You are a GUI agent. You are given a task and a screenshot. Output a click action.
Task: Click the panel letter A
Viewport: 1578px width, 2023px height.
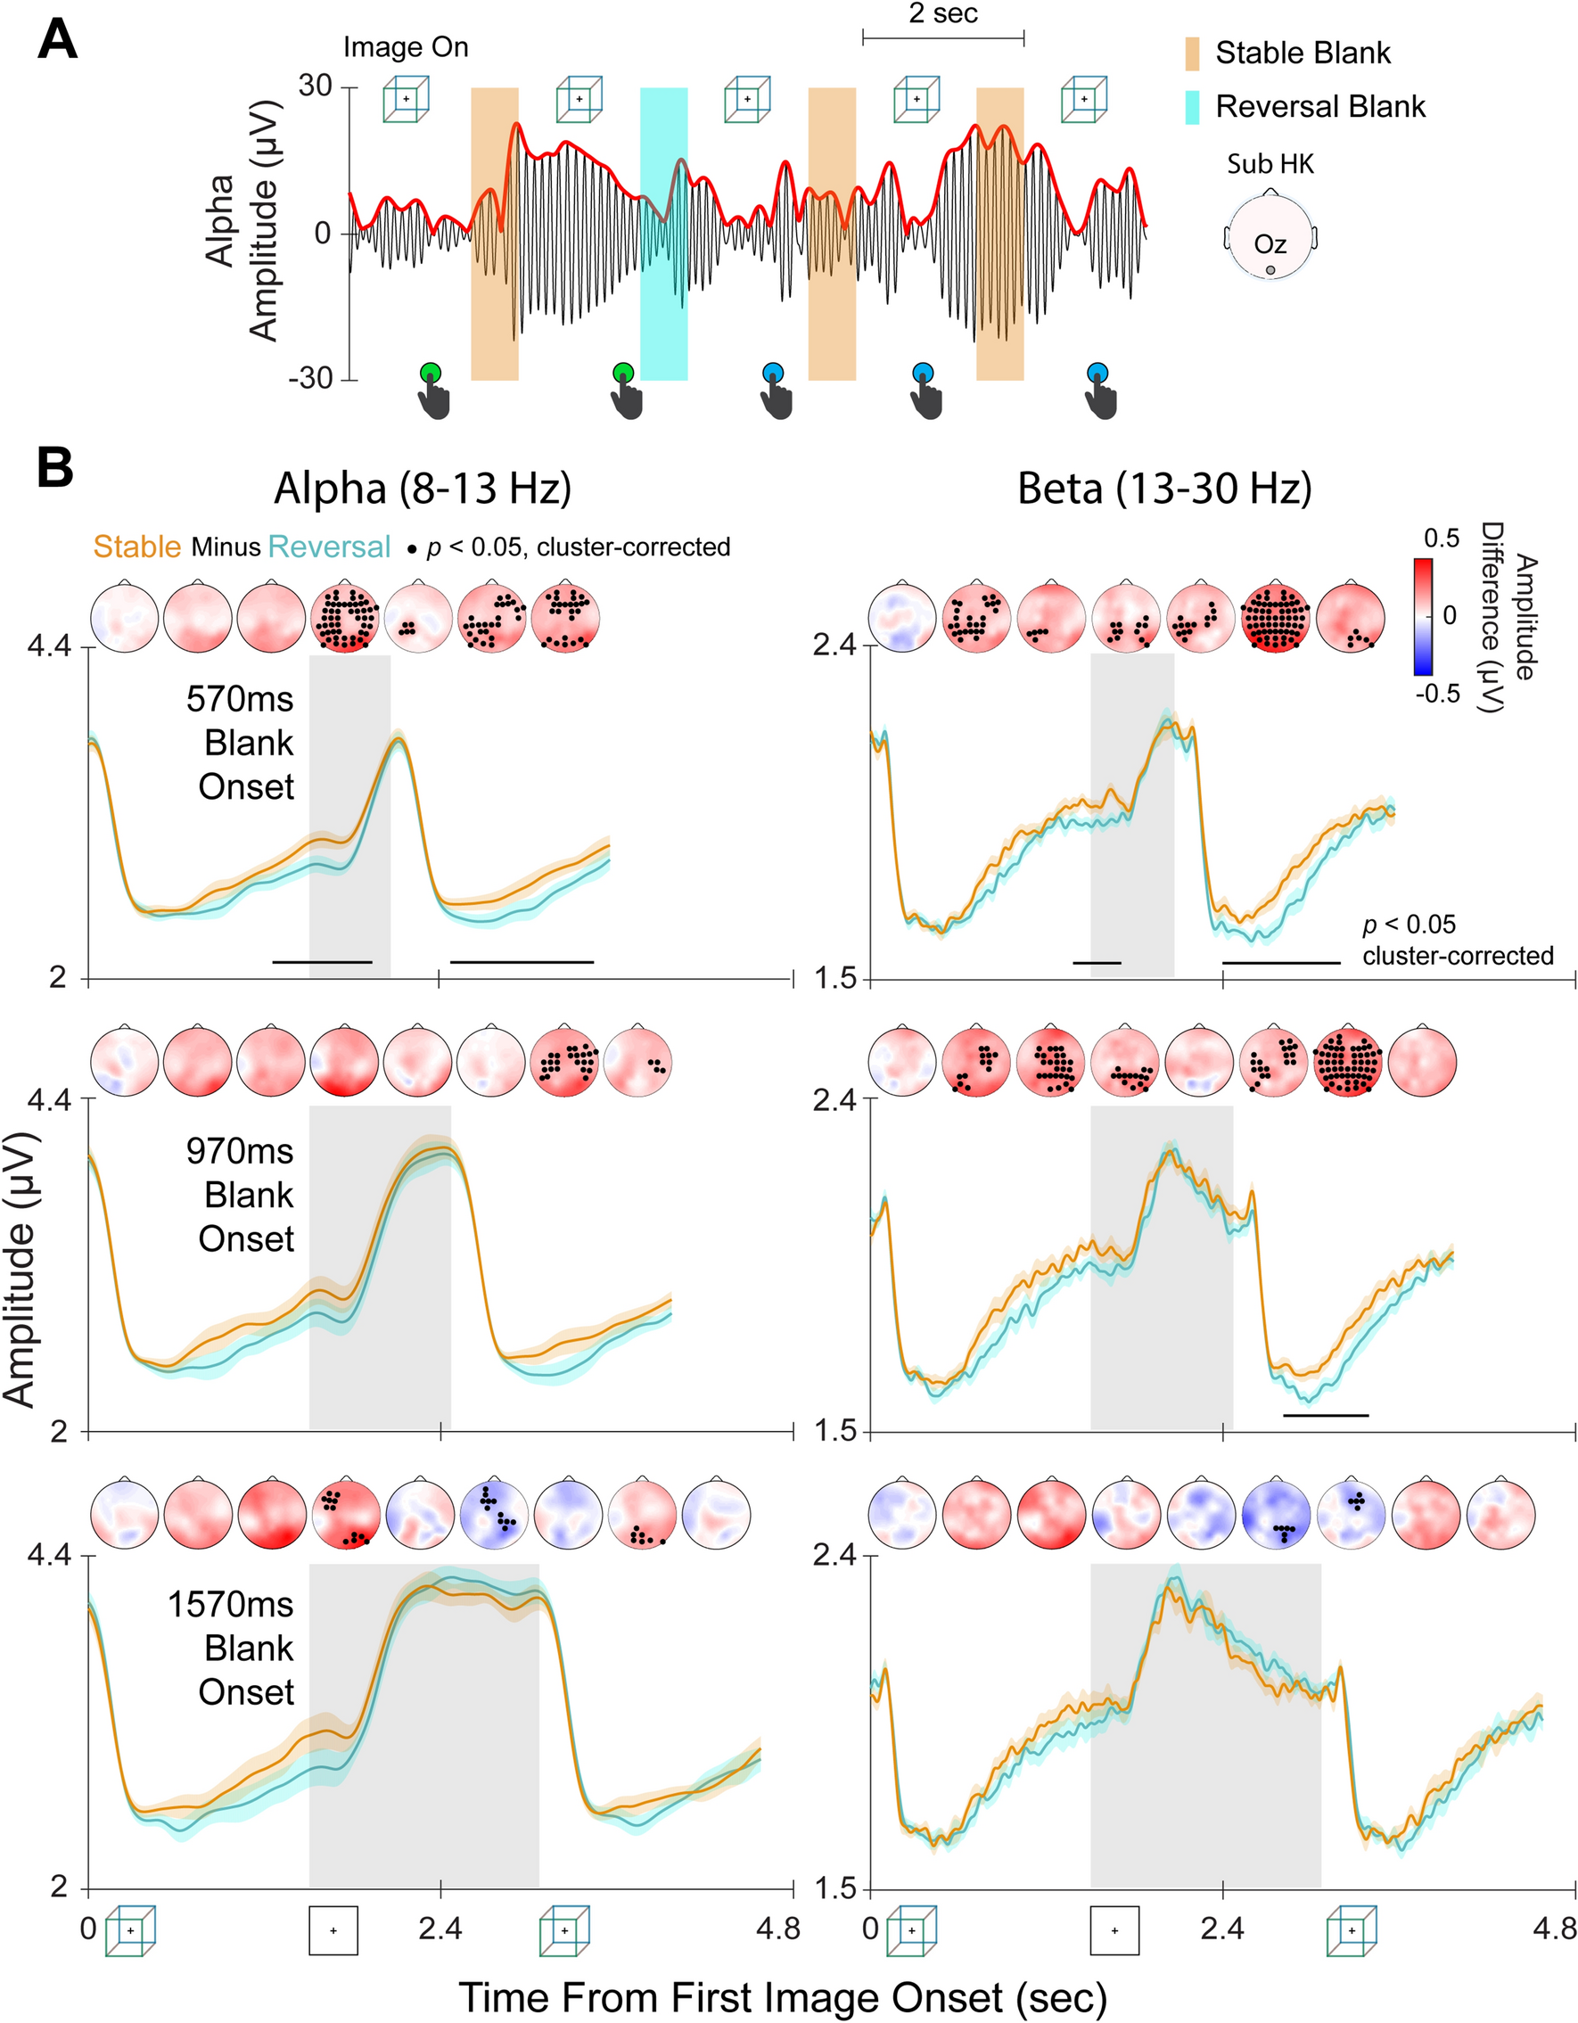tap(56, 44)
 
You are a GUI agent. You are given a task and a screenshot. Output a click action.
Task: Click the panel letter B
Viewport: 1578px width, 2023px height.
tap(54, 470)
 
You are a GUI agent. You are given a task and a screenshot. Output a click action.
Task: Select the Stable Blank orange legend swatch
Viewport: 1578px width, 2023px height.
tap(1192, 53)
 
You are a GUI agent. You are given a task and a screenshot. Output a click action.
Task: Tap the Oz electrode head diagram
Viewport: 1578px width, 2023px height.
tap(1270, 238)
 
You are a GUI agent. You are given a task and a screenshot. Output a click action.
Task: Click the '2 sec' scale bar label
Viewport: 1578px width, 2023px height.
tap(942, 15)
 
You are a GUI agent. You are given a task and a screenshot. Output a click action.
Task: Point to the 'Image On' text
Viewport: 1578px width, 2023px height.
tap(406, 47)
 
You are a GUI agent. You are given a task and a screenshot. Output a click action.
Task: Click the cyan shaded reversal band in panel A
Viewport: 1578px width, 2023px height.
tap(664, 234)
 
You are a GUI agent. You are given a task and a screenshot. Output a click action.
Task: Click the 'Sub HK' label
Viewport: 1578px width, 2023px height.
tap(1270, 165)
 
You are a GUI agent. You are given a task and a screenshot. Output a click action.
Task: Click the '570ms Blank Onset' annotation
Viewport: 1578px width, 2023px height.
tap(241, 743)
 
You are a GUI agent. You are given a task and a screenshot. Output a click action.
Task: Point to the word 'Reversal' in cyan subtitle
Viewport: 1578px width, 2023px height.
tap(329, 547)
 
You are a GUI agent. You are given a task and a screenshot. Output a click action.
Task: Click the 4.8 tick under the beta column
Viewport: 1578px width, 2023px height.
tap(1554, 1929)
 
